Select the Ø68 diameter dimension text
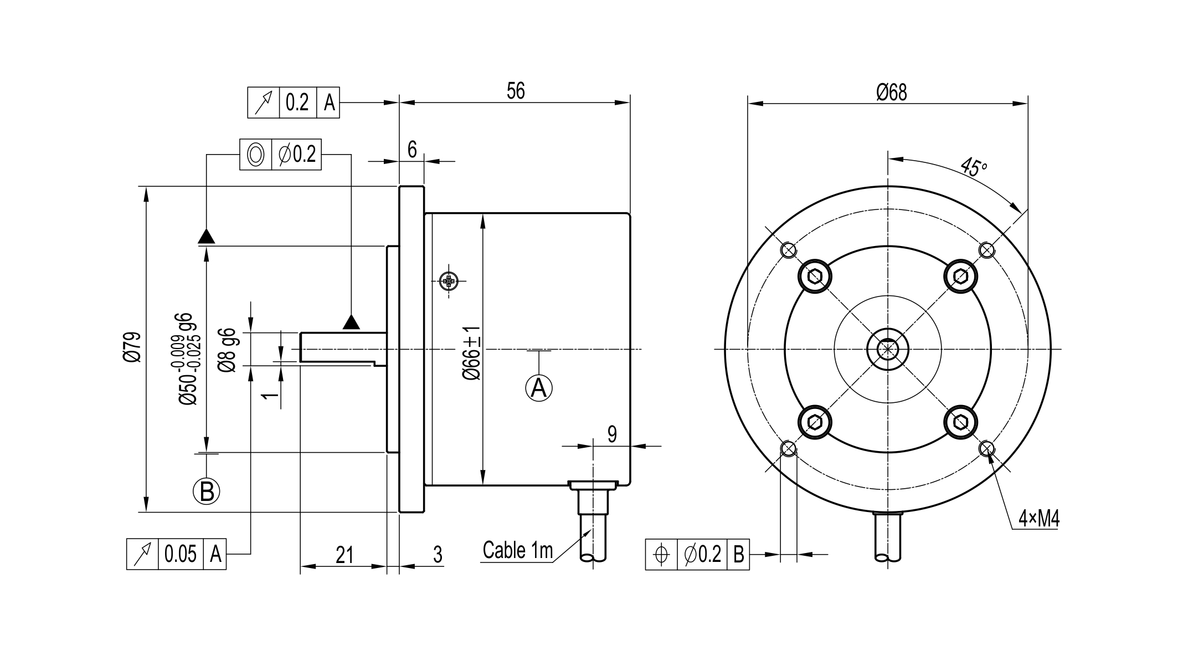tap(892, 92)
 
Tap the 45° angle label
tap(973, 167)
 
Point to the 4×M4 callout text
tap(1039, 519)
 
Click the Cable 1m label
tap(518, 550)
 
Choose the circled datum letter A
tap(539, 388)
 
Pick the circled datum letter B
tap(207, 491)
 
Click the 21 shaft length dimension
tap(344, 555)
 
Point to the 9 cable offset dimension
tap(612, 434)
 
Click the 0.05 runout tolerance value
tap(181, 554)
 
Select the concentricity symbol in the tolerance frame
tap(255, 154)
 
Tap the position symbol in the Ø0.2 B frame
tap(661, 554)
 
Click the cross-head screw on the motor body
tap(449, 282)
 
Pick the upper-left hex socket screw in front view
tap(815, 275)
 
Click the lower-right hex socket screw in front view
tap(961, 423)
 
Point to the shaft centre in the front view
tap(888, 349)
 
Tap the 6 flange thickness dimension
tap(412, 150)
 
